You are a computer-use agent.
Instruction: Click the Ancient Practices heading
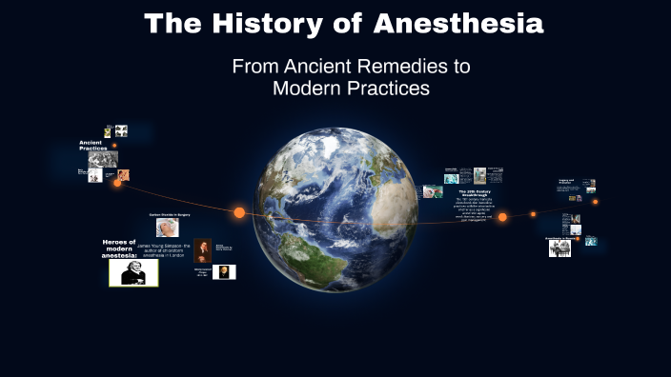[x=93, y=146]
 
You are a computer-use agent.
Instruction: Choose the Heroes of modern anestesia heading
[x=119, y=248]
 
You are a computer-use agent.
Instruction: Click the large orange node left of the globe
[x=239, y=212]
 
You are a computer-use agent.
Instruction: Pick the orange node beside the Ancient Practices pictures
[x=117, y=183]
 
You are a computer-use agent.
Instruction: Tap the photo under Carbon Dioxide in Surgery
[x=168, y=228]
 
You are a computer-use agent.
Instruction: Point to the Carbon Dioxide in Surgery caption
[x=170, y=216]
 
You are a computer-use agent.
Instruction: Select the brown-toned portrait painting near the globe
[x=203, y=249]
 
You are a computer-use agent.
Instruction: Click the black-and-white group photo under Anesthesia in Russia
[x=559, y=248]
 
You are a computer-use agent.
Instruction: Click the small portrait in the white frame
[x=224, y=272]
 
